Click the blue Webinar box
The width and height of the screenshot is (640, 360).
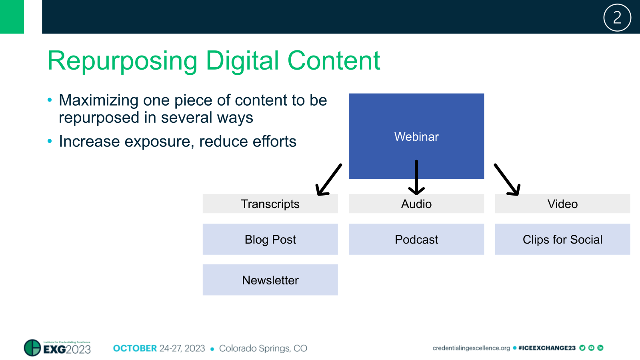416,136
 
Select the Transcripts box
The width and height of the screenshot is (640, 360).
270,204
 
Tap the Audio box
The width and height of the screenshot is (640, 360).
416,204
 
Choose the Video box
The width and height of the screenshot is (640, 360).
562,204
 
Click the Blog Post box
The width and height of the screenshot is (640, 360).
270,239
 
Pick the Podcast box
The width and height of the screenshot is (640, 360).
416,239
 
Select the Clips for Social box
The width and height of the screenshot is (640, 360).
562,239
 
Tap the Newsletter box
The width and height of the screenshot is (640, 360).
270,280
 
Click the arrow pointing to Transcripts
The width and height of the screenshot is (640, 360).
329,180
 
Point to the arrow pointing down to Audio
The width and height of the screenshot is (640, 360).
416,178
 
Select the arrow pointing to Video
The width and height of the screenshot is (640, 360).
507,180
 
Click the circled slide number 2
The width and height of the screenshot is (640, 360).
617,18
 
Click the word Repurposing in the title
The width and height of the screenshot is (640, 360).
122,61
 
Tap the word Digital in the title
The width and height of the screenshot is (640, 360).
242,61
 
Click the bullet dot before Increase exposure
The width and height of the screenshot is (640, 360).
50,141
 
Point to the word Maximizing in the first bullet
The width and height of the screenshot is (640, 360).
98,100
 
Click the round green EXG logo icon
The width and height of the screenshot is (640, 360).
32,348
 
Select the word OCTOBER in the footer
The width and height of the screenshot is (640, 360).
135,348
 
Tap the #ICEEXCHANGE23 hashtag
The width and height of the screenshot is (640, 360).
547,348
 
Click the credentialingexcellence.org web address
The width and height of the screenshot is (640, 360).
471,348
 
